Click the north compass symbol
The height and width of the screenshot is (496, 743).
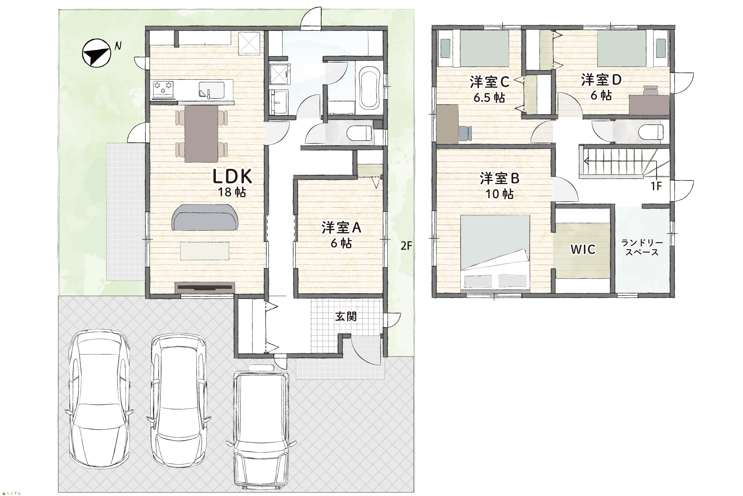point(96,53)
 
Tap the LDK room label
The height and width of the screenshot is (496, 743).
point(232,177)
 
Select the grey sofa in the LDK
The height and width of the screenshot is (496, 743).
point(205,217)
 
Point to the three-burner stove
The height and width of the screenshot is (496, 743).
point(163,89)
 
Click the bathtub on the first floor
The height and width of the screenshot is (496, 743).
point(369,88)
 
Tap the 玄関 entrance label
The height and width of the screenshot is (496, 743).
point(346,316)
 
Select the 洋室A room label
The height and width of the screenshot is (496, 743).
point(341,228)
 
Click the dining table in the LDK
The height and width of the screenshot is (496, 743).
point(201,134)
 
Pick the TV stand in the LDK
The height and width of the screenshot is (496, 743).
point(205,287)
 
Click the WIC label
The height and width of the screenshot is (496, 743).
point(583,250)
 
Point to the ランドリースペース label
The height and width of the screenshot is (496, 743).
point(642,248)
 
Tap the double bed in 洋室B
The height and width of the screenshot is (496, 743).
point(495,252)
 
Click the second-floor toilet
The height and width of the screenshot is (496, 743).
point(651,132)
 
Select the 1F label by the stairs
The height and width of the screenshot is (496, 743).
point(656,186)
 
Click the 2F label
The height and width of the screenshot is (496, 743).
point(406,246)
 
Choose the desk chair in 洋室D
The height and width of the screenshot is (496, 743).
point(650,90)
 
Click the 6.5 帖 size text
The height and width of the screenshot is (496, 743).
point(489,98)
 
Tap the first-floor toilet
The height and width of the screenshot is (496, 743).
point(359,134)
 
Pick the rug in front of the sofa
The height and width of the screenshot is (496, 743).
point(205,251)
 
